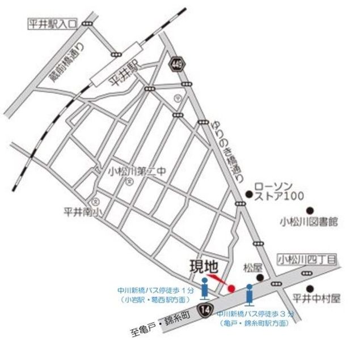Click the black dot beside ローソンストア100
pyautogui.click(x=249, y=195)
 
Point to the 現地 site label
pyautogui.click(x=202, y=265)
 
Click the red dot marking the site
pyautogui.click(x=231, y=289)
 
